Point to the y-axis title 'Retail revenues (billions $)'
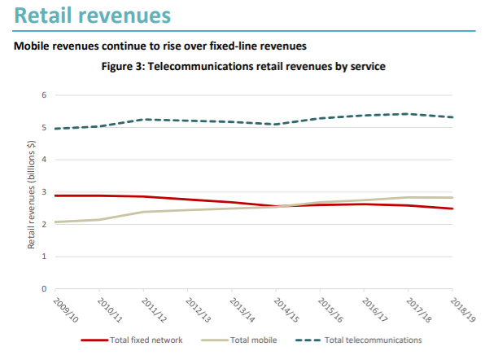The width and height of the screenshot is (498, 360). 32,193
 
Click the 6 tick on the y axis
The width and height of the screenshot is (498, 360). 44,96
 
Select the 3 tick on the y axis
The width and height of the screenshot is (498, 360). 44,192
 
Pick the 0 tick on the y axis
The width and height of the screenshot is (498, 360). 44,288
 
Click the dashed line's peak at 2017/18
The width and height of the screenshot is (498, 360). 408,114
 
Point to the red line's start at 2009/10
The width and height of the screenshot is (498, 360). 55,195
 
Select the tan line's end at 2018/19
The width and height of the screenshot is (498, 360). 452,198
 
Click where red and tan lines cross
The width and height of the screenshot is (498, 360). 281,206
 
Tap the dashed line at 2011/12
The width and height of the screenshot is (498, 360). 144,120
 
